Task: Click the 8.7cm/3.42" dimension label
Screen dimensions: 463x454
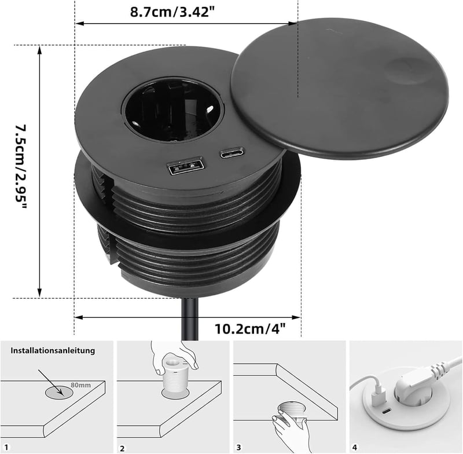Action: (172, 12)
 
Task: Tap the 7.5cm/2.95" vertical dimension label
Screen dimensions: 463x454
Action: (21, 167)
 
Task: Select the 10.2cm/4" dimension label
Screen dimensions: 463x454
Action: (250, 329)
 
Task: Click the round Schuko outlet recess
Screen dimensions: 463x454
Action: (172, 109)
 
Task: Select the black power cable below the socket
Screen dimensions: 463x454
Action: (190, 319)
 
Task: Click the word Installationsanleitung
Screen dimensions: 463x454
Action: (53, 350)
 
